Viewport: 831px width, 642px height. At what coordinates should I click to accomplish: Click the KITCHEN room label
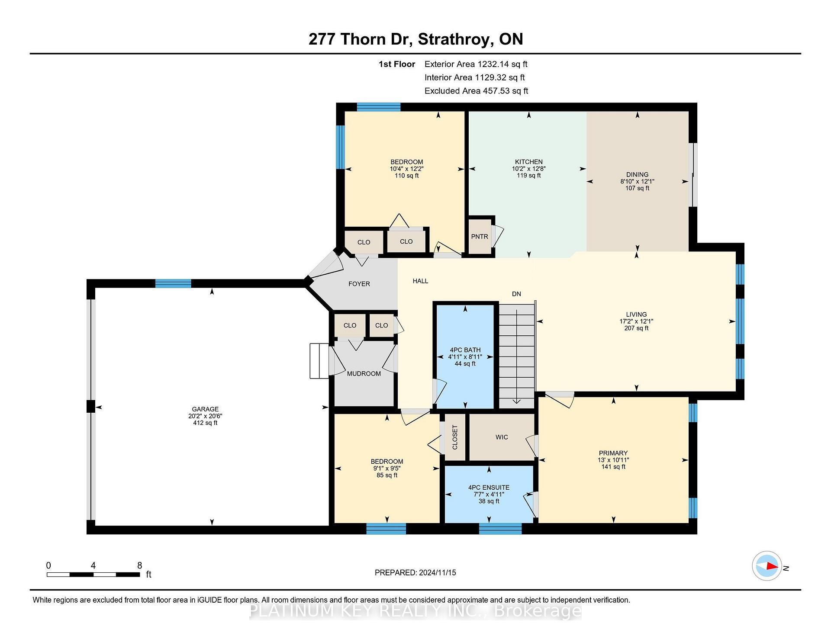click(528, 162)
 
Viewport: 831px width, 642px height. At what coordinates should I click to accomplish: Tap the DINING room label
click(637, 175)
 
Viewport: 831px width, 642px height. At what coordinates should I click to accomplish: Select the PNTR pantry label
click(480, 237)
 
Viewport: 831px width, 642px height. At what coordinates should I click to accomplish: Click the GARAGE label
click(205, 409)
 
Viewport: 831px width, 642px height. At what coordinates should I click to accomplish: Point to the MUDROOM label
click(364, 374)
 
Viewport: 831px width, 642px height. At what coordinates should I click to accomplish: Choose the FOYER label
click(359, 284)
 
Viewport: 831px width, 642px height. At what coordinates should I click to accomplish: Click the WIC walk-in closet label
click(502, 437)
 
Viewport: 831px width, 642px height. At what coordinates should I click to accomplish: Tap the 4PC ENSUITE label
click(489, 488)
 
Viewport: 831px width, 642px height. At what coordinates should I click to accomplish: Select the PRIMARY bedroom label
click(613, 453)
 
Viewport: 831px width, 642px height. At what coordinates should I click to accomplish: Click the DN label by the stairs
click(516, 294)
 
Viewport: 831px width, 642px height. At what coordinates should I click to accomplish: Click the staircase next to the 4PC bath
click(517, 356)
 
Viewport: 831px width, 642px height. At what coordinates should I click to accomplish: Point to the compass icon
click(767, 566)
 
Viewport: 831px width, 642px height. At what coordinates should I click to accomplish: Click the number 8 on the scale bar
click(139, 565)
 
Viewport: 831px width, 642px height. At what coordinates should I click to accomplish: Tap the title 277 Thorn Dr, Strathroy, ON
click(415, 39)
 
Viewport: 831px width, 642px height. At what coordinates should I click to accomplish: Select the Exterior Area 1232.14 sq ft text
click(476, 64)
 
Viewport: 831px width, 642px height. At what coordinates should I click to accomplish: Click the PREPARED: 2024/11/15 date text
click(415, 573)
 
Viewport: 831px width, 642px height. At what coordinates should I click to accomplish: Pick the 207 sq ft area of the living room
click(636, 328)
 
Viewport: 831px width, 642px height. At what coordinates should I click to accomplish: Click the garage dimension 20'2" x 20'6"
click(205, 416)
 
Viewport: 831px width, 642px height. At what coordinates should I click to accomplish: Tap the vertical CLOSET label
click(455, 437)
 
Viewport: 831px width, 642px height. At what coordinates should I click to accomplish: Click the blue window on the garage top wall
click(173, 284)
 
